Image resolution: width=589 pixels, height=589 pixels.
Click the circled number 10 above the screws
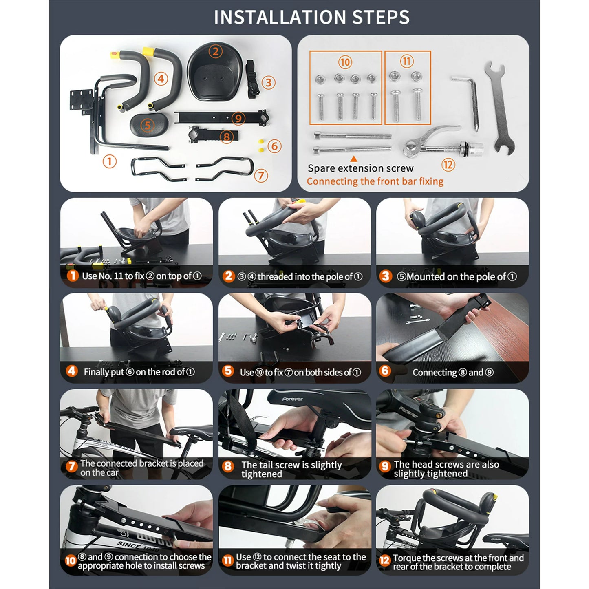[345, 62]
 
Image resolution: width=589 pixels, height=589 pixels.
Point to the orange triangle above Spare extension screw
[354, 159]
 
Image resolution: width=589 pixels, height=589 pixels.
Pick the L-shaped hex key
[466, 102]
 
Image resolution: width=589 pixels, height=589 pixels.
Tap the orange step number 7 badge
[71, 466]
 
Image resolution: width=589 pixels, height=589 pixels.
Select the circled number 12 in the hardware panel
[448, 165]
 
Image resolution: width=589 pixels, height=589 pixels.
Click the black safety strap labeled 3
[253, 79]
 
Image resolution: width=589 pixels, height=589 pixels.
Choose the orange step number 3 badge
[386, 276]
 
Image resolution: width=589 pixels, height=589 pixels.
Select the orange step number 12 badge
[384, 560]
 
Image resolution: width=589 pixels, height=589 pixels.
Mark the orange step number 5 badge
[228, 371]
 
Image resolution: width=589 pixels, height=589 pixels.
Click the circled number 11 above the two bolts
[407, 62]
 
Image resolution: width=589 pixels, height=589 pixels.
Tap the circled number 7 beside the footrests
[261, 176]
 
